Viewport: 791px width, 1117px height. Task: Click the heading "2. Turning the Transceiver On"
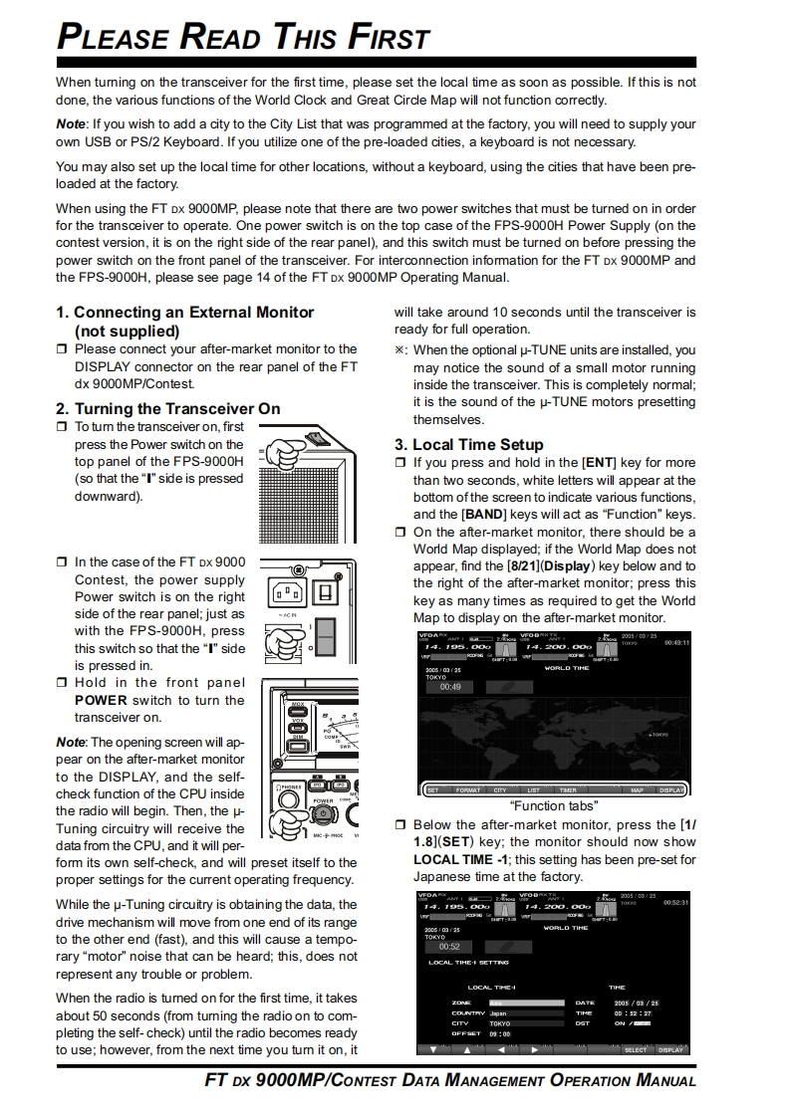(167, 408)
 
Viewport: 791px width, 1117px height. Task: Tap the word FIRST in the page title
(390, 39)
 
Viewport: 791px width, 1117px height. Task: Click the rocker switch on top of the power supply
(316, 438)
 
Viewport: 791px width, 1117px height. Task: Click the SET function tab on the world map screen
(432, 790)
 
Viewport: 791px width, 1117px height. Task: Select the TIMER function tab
(568, 790)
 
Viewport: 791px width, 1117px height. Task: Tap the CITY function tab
(500, 790)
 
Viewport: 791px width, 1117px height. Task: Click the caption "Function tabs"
(553, 805)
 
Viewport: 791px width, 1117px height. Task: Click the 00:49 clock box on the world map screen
(450, 687)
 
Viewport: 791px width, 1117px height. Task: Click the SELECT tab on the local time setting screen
(636, 1049)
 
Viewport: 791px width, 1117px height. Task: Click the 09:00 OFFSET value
(499, 1033)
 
